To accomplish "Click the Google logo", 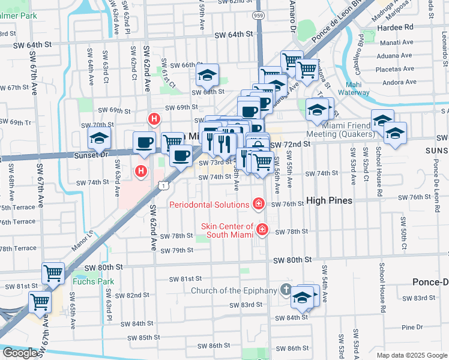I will pos(20,353).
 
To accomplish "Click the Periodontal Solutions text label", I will pos(209,205).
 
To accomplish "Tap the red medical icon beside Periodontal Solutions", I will pos(259,205).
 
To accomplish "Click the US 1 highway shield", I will pos(163,187).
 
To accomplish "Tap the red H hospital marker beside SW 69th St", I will pos(154,119).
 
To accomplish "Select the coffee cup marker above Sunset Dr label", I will pos(145,143).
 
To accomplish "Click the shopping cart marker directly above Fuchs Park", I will pos(53,273).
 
